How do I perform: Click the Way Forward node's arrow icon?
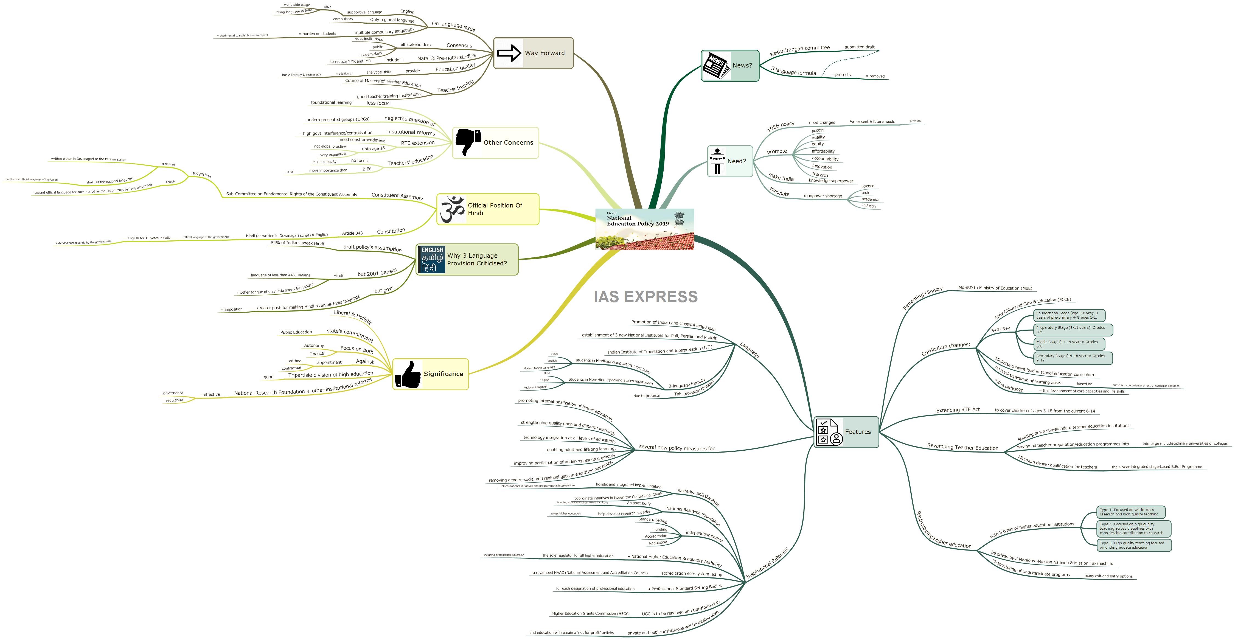tap(509, 53)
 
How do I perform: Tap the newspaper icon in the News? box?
tap(716, 66)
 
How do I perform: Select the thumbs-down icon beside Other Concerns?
tap(467, 142)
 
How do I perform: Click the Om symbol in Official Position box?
tap(452, 209)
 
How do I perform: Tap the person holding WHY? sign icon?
tap(717, 161)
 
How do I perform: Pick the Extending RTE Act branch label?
tap(958, 410)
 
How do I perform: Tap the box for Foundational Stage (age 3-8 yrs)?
tap(1069, 315)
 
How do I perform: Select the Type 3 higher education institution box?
tap(1133, 545)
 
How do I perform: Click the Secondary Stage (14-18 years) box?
tap(1072, 358)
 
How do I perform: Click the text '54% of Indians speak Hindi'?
tap(297, 243)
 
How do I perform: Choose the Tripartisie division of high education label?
tap(330, 374)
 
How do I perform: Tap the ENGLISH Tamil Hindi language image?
tap(431, 259)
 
